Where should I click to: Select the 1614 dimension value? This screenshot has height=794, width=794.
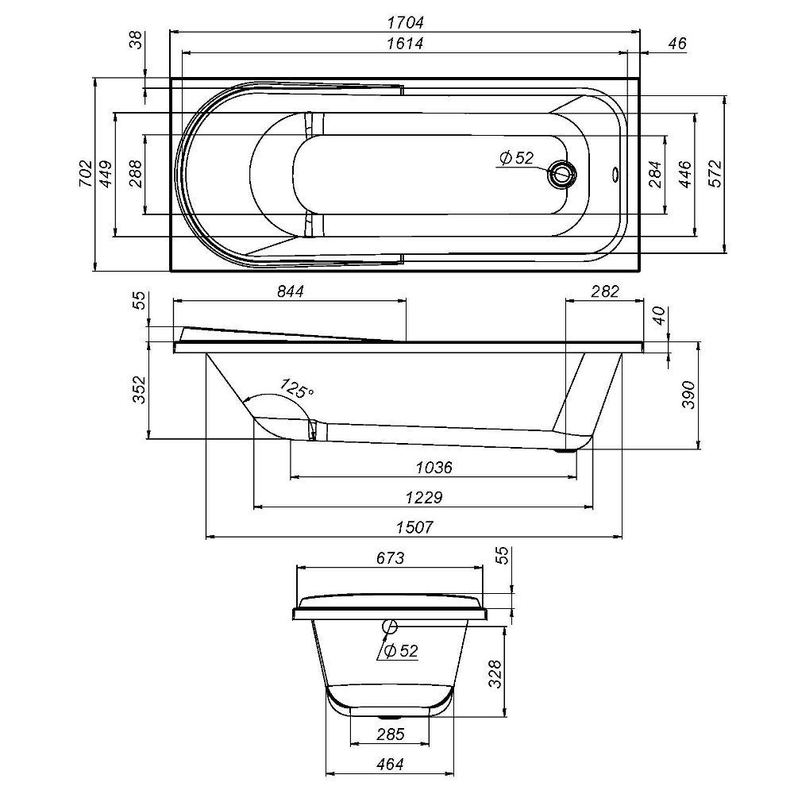[405, 44]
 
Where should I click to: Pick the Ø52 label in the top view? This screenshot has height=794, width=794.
[516, 158]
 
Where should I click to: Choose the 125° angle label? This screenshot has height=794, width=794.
[298, 390]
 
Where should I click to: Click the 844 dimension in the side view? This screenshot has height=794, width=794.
[291, 291]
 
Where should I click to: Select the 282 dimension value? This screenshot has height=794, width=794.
[604, 291]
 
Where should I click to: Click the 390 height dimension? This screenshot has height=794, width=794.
[688, 395]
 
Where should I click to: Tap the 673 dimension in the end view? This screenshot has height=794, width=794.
[388, 558]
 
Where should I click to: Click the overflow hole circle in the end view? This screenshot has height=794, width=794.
[389, 626]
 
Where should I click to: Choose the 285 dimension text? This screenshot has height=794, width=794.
[390, 734]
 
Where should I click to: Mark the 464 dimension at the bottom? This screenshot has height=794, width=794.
[390, 764]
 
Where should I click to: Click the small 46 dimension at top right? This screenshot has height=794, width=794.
[676, 44]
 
